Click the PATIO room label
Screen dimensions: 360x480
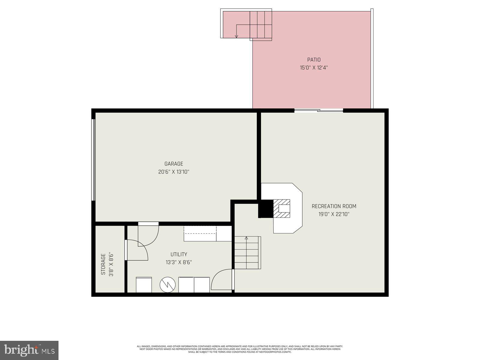314,60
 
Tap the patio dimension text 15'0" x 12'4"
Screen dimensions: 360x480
314,68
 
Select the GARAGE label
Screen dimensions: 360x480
174,164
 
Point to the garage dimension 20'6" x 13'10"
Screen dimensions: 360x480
174,172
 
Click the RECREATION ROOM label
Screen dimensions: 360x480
334,206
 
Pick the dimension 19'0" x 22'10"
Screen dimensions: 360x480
334,214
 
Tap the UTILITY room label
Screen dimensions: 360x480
179,254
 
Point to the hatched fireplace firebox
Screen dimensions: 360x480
282,208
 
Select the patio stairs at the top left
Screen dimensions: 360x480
260,25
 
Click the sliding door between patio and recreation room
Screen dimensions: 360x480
318,111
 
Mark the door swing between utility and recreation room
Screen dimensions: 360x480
222,280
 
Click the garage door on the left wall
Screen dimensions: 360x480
93,160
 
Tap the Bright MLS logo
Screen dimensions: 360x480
29,349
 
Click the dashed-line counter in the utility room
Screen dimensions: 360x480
200,234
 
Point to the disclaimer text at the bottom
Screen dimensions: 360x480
240,349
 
